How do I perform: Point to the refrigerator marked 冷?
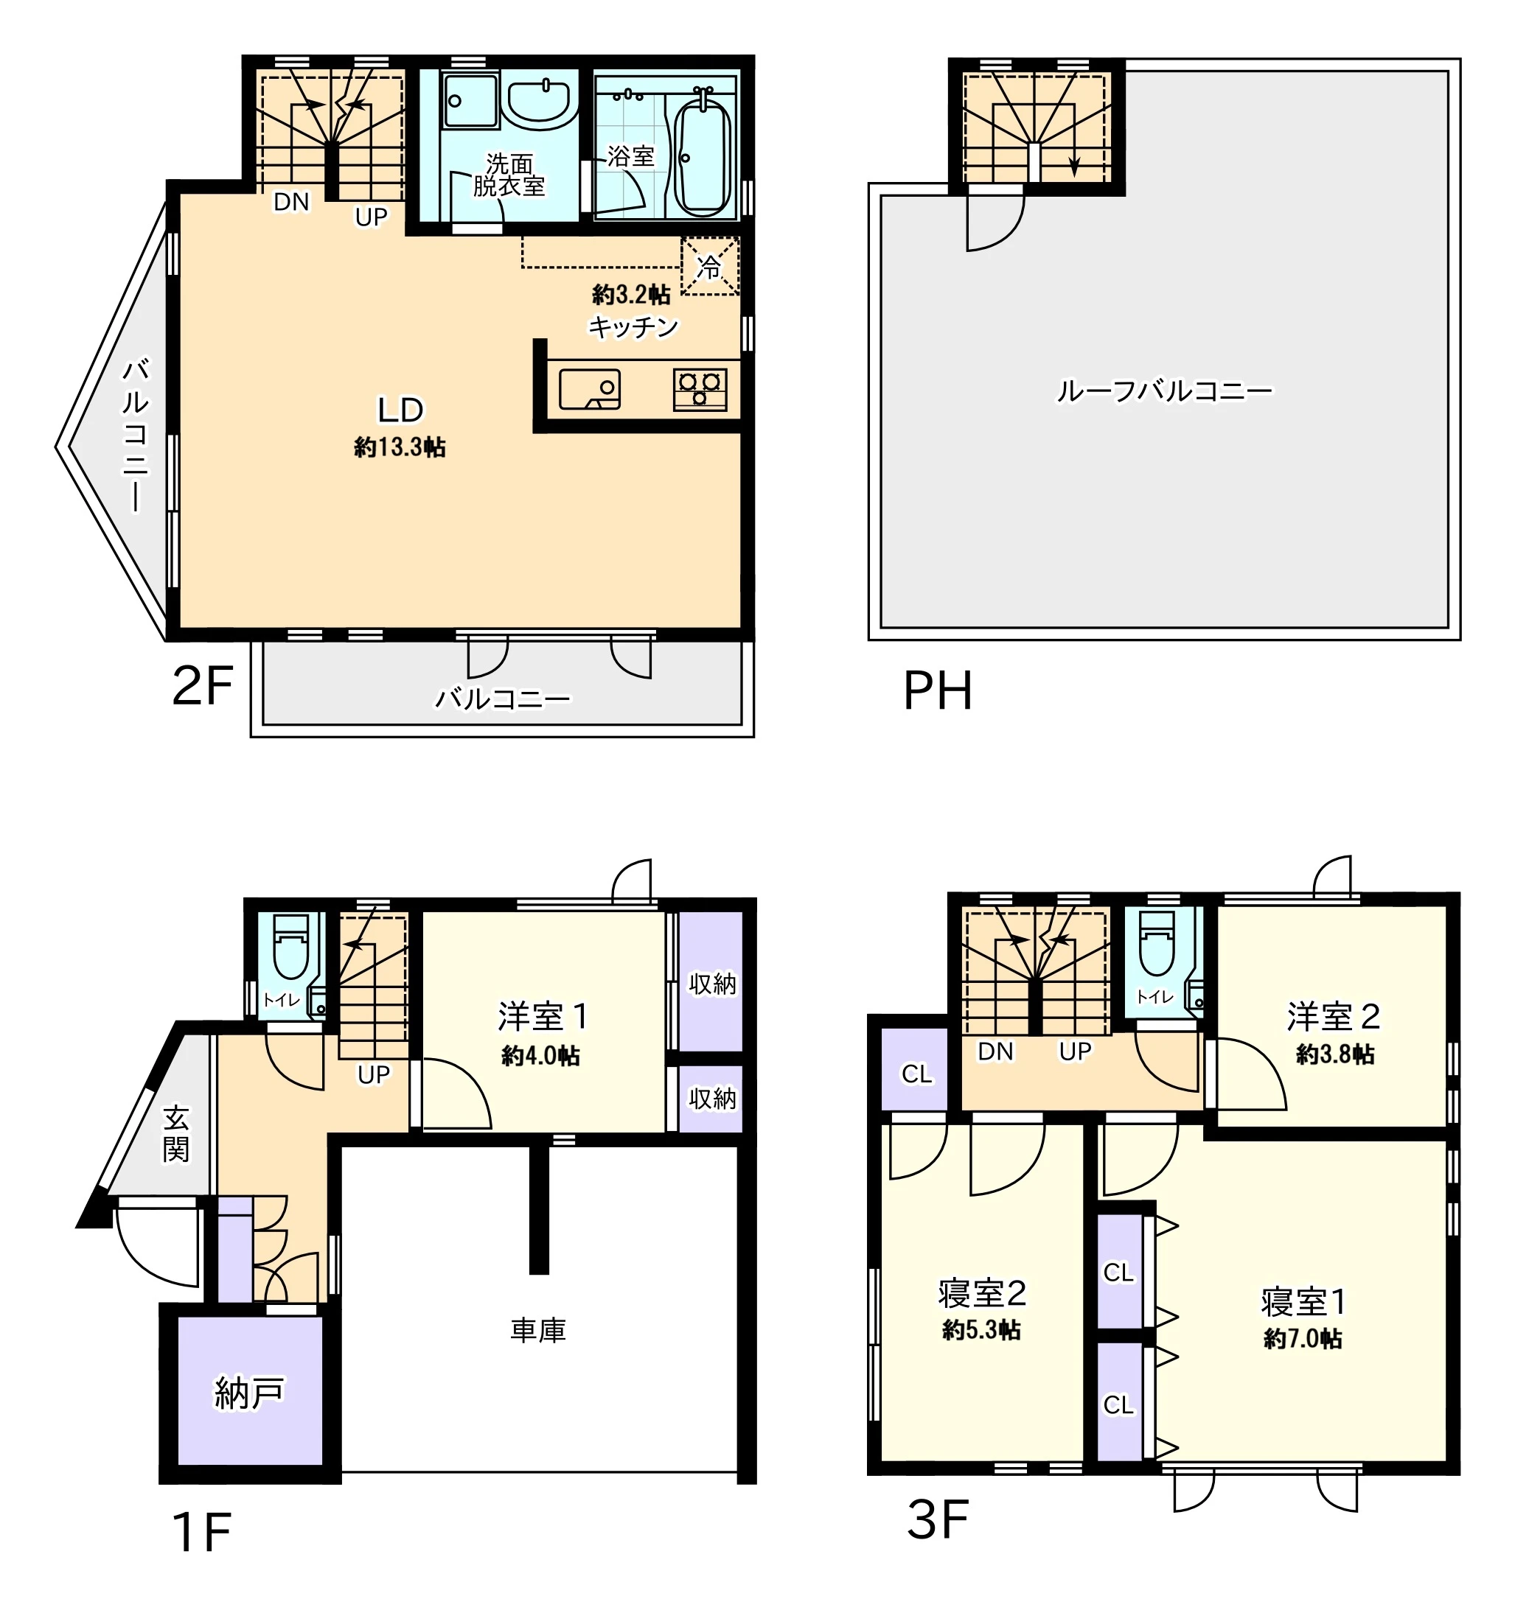(710, 265)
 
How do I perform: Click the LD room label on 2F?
(400, 410)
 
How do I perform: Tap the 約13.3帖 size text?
(400, 447)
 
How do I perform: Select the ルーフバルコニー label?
(1164, 392)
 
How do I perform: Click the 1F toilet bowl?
(291, 950)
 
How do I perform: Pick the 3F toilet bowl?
(1157, 945)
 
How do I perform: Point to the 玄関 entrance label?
(176, 1133)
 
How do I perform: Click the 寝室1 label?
(1303, 1302)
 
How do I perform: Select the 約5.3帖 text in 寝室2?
(981, 1331)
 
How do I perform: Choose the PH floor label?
(938, 691)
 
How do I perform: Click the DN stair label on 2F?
(292, 202)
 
